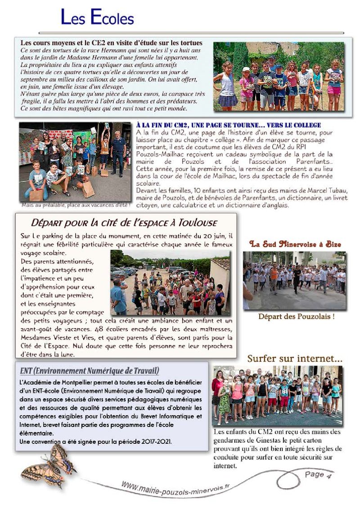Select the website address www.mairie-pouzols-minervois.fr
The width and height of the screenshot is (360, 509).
(175, 488)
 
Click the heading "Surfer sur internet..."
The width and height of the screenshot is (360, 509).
(295, 358)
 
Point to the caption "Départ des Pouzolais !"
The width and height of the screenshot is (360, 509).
(296, 316)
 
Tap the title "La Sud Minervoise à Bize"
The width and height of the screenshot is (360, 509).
(295, 244)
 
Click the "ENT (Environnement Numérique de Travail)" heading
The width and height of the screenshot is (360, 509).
(90, 371)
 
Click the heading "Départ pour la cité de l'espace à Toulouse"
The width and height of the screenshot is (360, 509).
(124, 222)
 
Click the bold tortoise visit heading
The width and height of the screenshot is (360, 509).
(112, 43)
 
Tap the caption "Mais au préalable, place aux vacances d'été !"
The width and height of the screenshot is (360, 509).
(75, 205)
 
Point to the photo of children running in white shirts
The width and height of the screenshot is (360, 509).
(295, 280)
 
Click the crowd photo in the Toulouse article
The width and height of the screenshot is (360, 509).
(170, 283)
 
